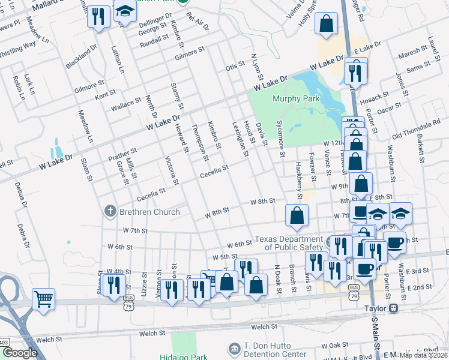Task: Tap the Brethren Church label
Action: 149,211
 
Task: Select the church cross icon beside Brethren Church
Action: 110,211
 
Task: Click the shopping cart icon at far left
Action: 44,298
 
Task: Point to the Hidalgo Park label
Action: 183,356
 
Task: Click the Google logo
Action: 20,353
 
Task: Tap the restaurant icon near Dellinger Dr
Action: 99,16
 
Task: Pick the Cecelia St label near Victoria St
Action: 151,193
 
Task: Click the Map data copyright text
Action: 423,355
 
